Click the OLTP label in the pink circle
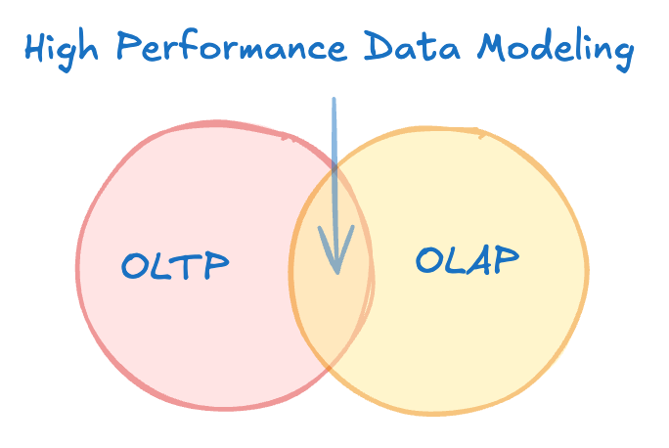[x=176, y=266]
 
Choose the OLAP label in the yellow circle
[x=468, y=259]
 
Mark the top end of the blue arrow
[x=334, y=100]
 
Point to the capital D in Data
[x=380, y=47]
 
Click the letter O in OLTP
[x=136, y=266]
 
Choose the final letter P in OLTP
[x=216, y=264]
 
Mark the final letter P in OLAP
[x=504, y=258]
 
